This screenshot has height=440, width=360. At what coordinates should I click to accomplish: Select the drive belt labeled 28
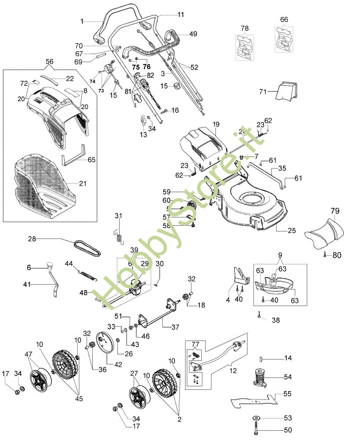[88, 246]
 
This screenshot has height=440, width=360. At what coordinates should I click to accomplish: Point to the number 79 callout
[335, 212]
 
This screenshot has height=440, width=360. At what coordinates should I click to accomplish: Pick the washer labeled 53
[255, 418]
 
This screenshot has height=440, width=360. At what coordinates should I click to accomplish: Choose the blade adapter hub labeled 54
[261, 378]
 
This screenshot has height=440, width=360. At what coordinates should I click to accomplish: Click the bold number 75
[135, 67]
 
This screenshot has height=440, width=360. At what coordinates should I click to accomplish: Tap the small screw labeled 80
[325, 254]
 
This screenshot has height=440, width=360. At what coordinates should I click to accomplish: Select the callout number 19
[216, 125]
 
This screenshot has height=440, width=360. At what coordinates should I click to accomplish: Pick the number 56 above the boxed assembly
[50, 62]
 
